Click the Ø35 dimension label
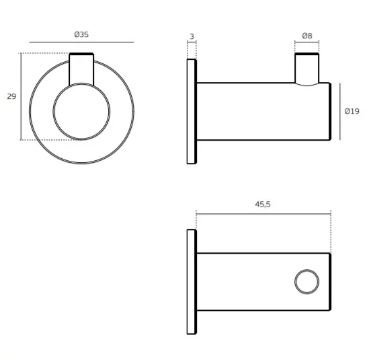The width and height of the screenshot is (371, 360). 81,34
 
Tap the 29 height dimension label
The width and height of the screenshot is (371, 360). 11,96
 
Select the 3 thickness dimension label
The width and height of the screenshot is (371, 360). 192,36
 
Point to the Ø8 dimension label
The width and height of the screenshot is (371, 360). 307,36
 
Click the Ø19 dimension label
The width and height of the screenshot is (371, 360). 352,111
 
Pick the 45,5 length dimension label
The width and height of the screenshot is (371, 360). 263,204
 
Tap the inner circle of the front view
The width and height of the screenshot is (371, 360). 81,83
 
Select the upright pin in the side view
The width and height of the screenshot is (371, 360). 295,68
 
